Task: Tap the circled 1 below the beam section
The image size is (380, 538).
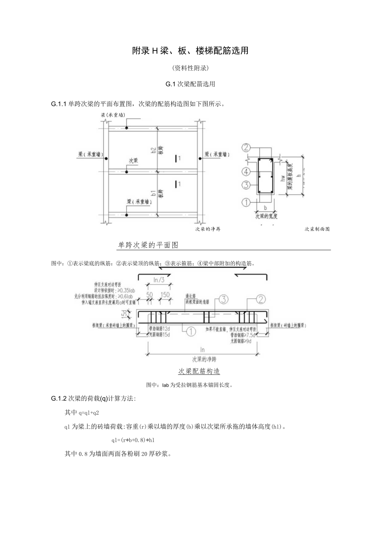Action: tap(246, 202)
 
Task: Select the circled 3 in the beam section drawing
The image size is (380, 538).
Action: tap(246, 185)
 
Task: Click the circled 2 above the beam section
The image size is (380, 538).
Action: tap(246, 148)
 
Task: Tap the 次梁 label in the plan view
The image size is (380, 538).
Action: tap(133, 160)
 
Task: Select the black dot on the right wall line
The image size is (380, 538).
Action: tap(199, 158)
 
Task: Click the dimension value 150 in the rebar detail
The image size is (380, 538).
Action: tap(165, 294)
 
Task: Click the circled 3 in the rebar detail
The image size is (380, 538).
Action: tap(223, 299)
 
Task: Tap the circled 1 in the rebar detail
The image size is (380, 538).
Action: tap(191, 331)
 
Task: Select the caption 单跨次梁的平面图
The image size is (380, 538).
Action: tap(148, 245)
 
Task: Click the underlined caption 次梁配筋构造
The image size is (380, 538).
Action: tap(199, 371)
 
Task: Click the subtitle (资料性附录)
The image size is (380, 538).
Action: tap(190, 68)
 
